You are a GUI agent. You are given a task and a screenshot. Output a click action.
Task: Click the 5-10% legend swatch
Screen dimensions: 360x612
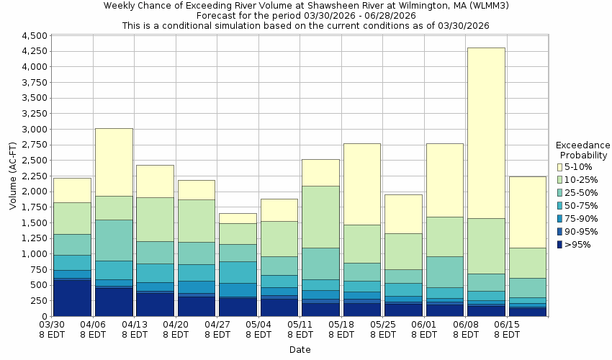[x=561, y=167]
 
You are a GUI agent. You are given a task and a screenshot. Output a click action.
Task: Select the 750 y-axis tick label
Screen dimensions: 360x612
[x=40, y=270]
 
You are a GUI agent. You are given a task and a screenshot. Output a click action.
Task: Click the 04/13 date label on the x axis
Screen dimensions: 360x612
[x=135, y=324]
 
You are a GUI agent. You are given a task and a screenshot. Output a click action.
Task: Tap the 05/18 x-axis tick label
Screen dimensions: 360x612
[x=341, y=324]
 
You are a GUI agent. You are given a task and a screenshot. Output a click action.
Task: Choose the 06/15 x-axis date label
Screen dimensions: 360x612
[x=507, y=324]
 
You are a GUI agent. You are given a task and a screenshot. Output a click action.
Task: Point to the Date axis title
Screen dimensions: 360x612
[x=300, y=350]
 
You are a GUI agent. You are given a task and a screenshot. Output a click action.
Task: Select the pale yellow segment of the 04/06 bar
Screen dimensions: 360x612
[x=114, y=162]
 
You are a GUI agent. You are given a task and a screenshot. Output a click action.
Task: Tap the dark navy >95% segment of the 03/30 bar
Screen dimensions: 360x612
[x=72, y=297]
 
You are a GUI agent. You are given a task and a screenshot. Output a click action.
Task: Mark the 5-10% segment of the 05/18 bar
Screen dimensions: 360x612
[x=361, y=184]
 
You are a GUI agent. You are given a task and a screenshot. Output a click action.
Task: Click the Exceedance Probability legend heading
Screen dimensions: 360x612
[x=584, y=150]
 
